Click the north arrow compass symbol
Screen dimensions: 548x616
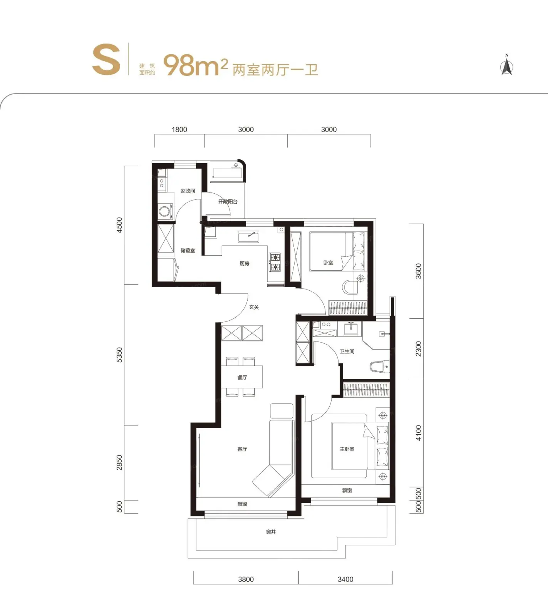(x=507, y=65)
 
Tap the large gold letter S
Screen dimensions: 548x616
(x=106, y=59)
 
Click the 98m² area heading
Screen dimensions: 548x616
(x=196, y=65)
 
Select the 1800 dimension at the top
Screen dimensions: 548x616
(x=179, y=130)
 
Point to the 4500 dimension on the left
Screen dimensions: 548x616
(x=119, y=225)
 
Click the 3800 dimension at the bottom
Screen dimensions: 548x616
(x=246, y=579)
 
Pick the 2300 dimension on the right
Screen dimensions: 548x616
(x=419, y=349)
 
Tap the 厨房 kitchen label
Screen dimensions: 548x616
(x=245, y=264)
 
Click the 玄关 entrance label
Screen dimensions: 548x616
(x=254, y=307)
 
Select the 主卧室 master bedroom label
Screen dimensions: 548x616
(x=347, y=449)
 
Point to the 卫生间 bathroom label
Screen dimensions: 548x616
(x=347, y=352)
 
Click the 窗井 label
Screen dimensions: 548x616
(x=271, y=532)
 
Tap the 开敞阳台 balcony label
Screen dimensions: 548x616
(x=228, y=202)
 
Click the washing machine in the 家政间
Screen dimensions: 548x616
(x=165, y=211)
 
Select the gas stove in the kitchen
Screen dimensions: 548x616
(x=275, y=262)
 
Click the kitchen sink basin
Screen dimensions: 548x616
(x=248, y=236)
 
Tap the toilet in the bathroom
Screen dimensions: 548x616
(x=379, y=367)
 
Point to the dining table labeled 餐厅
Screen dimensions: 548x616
(x=242, y=377)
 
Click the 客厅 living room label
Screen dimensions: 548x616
(x=242, y=449)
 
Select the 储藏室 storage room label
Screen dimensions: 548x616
(x=188, y=251)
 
